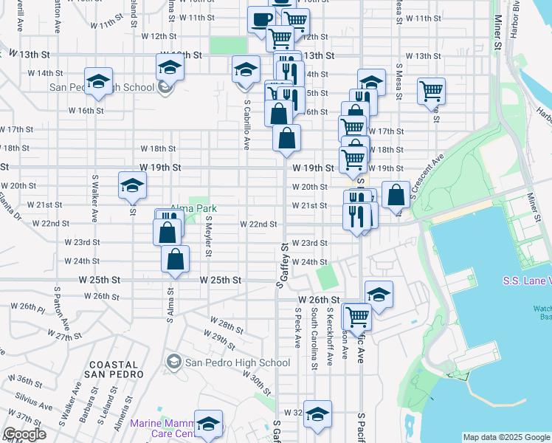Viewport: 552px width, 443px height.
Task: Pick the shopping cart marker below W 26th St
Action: [x=357, y=317]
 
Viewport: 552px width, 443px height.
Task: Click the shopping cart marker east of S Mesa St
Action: [x=431, y=92]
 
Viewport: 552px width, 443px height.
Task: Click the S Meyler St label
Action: [x=209, y=236]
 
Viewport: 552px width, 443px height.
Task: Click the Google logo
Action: [x=25, y=434]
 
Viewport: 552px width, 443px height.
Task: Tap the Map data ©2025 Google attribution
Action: [x=507, y=437]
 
